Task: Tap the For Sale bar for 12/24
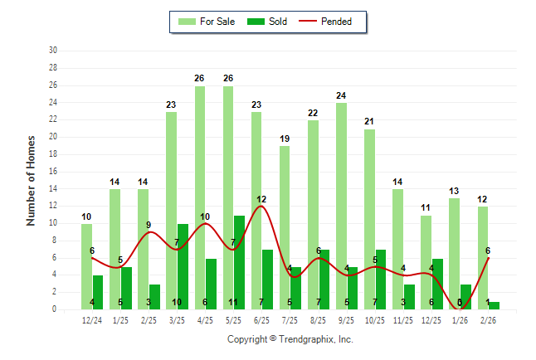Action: click(87, 266)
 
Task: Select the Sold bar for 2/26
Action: click(495, 305)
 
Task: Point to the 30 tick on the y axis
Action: click(53, 51)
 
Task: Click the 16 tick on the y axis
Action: click(53, 172)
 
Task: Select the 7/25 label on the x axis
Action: click(290, 320)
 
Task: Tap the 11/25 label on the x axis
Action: click(404, 320)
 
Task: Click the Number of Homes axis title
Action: click(32, 180)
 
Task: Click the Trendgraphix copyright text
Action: click(290, 339)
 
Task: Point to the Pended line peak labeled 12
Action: click(261, 207)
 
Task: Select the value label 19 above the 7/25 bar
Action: click(285, 139)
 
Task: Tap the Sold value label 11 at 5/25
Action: click(234, 302)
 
